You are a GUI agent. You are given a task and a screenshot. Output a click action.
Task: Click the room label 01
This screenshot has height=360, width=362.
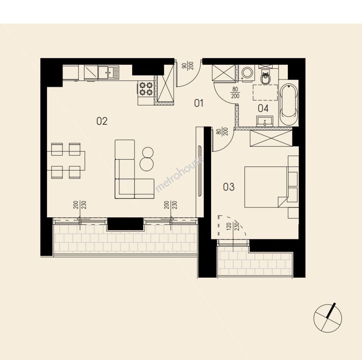pyautogui.click(x=199, y=103)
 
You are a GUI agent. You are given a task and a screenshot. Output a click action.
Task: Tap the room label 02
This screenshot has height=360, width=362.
pyautogui.click(x=102, y=121)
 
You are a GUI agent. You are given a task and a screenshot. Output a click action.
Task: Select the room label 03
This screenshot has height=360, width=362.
pyautogui.click(x=229, y=187)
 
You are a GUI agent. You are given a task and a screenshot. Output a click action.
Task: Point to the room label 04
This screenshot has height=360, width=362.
pyautogui.click(x=263, y=108)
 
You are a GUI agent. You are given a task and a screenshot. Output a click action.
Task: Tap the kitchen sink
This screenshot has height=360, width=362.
pyautogui.click(x=108, y=72)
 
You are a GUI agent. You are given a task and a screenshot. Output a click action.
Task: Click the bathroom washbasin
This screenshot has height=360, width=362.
pyautogui.click(x=264, y=121)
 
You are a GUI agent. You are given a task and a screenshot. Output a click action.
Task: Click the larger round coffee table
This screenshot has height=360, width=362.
pyautogui.click(x=147, y=164)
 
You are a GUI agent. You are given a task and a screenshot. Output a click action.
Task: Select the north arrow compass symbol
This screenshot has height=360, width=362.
pyautogui.click(x=327, y=318)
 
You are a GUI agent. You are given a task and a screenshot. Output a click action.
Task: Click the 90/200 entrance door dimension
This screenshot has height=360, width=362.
pyautogui.click(x=187, y=66)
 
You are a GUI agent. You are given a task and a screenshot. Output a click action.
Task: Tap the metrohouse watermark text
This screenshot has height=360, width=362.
pyautogui.click(x=180, y=174)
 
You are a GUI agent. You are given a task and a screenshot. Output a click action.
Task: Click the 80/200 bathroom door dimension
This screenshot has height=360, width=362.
pyautogui.click(x=235, y=92)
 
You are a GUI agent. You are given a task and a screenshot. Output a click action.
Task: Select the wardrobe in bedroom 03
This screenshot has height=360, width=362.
pyautogui.click(x=271, y=138)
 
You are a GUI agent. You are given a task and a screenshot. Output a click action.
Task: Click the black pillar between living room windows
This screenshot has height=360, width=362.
pyautogui.click(x=126, y=224)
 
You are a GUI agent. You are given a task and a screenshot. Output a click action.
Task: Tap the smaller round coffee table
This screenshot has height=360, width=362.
pyautogui.click(x=148, y=152)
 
